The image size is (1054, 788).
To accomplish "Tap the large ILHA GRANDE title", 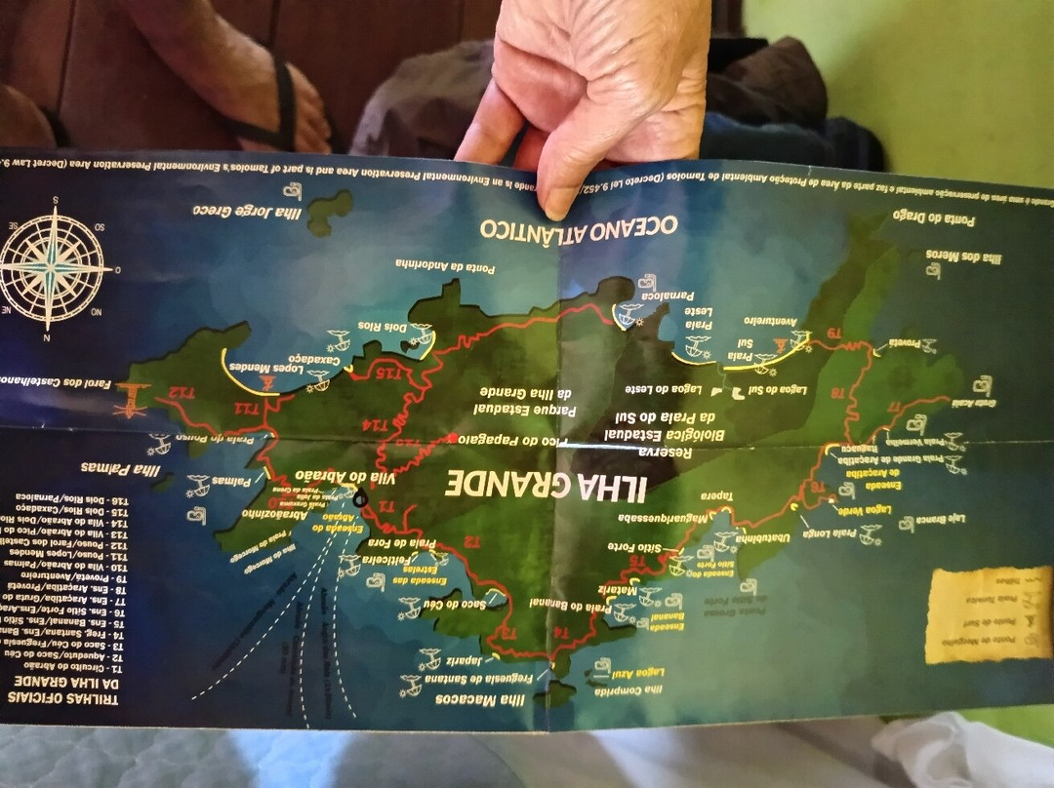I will click(x=547, y=484).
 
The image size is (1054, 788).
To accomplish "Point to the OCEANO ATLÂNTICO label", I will click(x=577, y=226).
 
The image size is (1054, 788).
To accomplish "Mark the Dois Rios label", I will click(x=383, y=328).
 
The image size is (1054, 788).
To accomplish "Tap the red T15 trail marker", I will click(x=390, y=374).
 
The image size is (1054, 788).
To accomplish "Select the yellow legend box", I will click(x=988, y=614).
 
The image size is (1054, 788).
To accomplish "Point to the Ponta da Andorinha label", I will click(x=445, y=265).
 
